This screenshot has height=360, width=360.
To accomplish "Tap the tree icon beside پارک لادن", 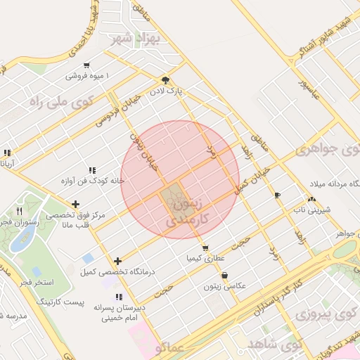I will click(165, 80).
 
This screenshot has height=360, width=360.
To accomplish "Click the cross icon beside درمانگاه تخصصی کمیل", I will click(117, 261).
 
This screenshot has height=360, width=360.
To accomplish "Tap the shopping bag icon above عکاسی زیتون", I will click(224, 276).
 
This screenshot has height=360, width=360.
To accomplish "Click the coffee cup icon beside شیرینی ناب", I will click(277, 195).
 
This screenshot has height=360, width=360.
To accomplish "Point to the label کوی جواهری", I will click(327, 150).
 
